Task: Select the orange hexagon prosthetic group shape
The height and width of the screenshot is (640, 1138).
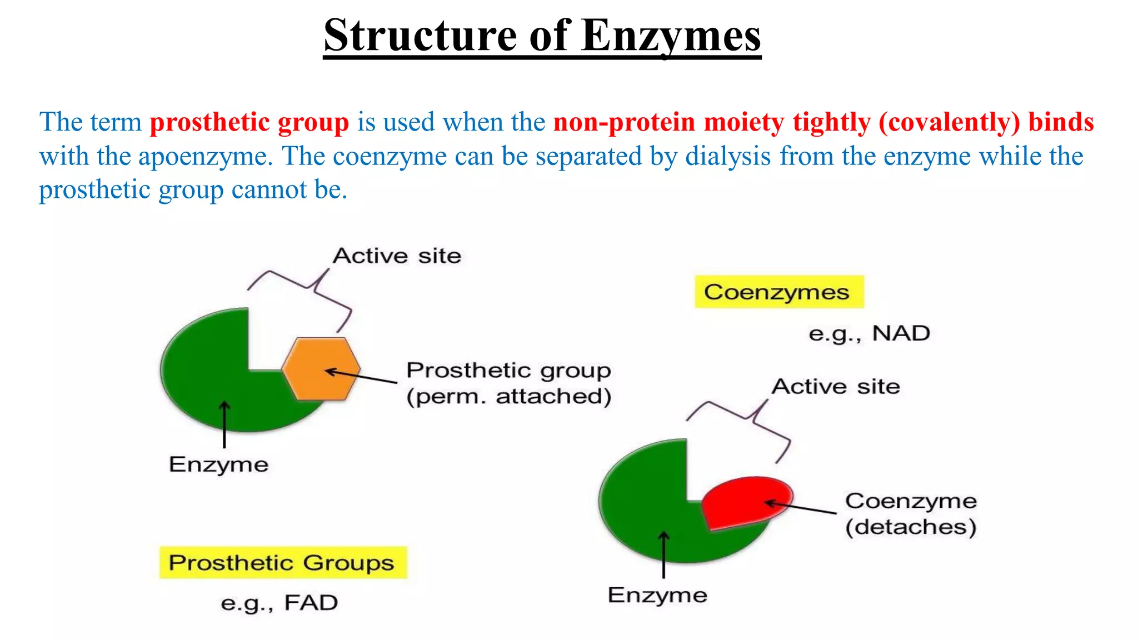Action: point(321,368)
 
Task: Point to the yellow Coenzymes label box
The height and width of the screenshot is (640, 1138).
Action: point(779,292)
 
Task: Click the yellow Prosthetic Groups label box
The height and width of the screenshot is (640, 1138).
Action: point(283,562)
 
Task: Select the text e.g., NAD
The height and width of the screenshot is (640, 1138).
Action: point(869,333)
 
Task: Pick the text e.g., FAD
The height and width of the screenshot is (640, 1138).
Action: point(279,603)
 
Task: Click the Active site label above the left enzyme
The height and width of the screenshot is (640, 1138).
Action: point(397,256)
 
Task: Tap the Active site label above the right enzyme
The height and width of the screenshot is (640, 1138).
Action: point(836,387)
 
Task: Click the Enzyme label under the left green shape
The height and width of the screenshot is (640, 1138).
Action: point(218,464)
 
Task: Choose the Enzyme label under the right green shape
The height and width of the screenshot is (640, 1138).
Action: point(657,595)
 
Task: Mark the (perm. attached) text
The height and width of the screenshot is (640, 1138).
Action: point(508,397)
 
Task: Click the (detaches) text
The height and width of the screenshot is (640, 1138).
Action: point(911,527)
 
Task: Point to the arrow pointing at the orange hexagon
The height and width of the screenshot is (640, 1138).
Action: point(361,376)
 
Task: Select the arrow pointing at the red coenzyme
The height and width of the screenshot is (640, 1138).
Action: point(800,507)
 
